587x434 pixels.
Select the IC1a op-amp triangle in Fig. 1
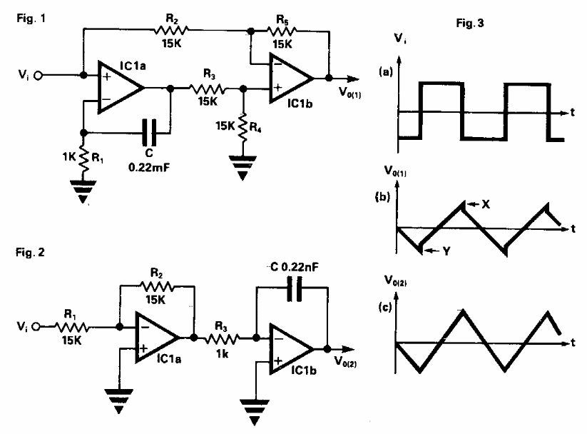[118, 88]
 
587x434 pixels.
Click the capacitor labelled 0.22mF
[150, 131]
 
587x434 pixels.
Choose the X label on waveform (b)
[486, 204]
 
